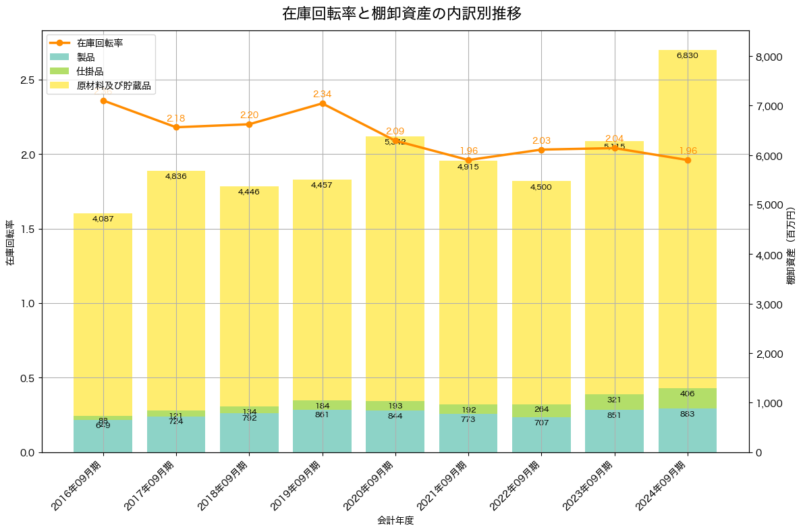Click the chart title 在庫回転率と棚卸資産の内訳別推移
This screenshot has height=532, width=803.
[x=401, y=14]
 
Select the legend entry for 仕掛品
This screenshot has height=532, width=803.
[x=90, y=72]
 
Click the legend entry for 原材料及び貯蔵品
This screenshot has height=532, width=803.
[x=113, y=86]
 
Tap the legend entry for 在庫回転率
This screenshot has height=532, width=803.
[x=99, y=43]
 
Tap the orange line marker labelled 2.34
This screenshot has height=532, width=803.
[x=323, y=103]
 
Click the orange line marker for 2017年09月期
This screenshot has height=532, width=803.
[x=176, y=127]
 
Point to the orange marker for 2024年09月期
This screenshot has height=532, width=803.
[x=688, y=160]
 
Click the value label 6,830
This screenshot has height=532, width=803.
[x=687, y=55]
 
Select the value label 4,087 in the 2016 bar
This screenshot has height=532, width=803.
[x=103, y=218]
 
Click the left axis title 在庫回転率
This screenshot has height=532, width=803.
[x=10, y=243]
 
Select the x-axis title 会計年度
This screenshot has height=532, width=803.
[x=395, y=521]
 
